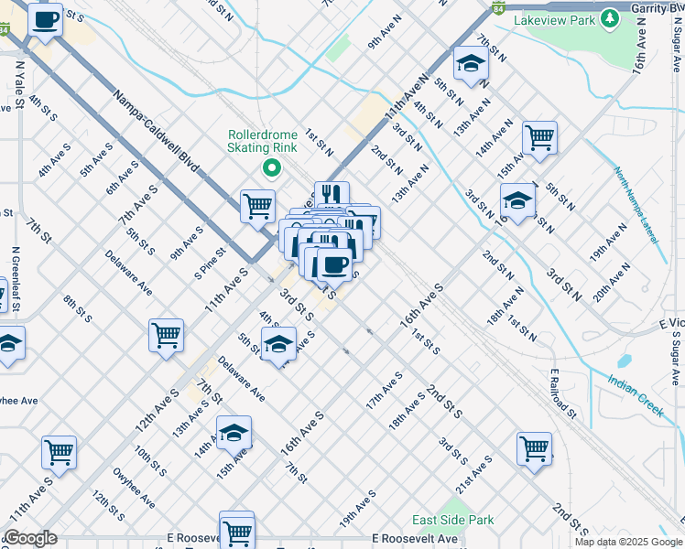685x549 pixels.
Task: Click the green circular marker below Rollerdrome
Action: pyautogui.click(x=270, y=167)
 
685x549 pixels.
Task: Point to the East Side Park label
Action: pyautogui.click(x=452, y=520)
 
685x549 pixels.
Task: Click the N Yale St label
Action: pyautogui.click(x=19, y=84)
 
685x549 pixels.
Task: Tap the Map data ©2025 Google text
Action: pyautogui.click(x=627, y=542)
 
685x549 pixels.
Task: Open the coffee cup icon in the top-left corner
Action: pyautogui.click(x=45, y=19)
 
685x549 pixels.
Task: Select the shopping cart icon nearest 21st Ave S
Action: pyautogui.click(x=535, y=448)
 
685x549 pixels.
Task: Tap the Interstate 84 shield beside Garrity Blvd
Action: pyautogui.click(x=497, y=7)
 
